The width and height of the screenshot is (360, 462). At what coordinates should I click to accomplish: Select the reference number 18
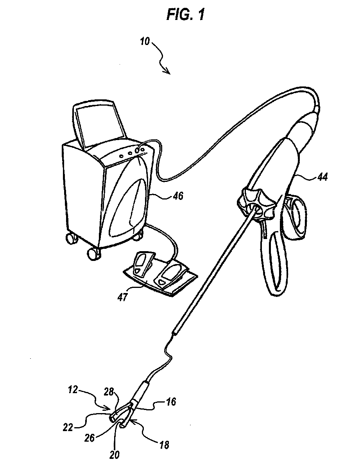pyautogui.click(x=165, y=445)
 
